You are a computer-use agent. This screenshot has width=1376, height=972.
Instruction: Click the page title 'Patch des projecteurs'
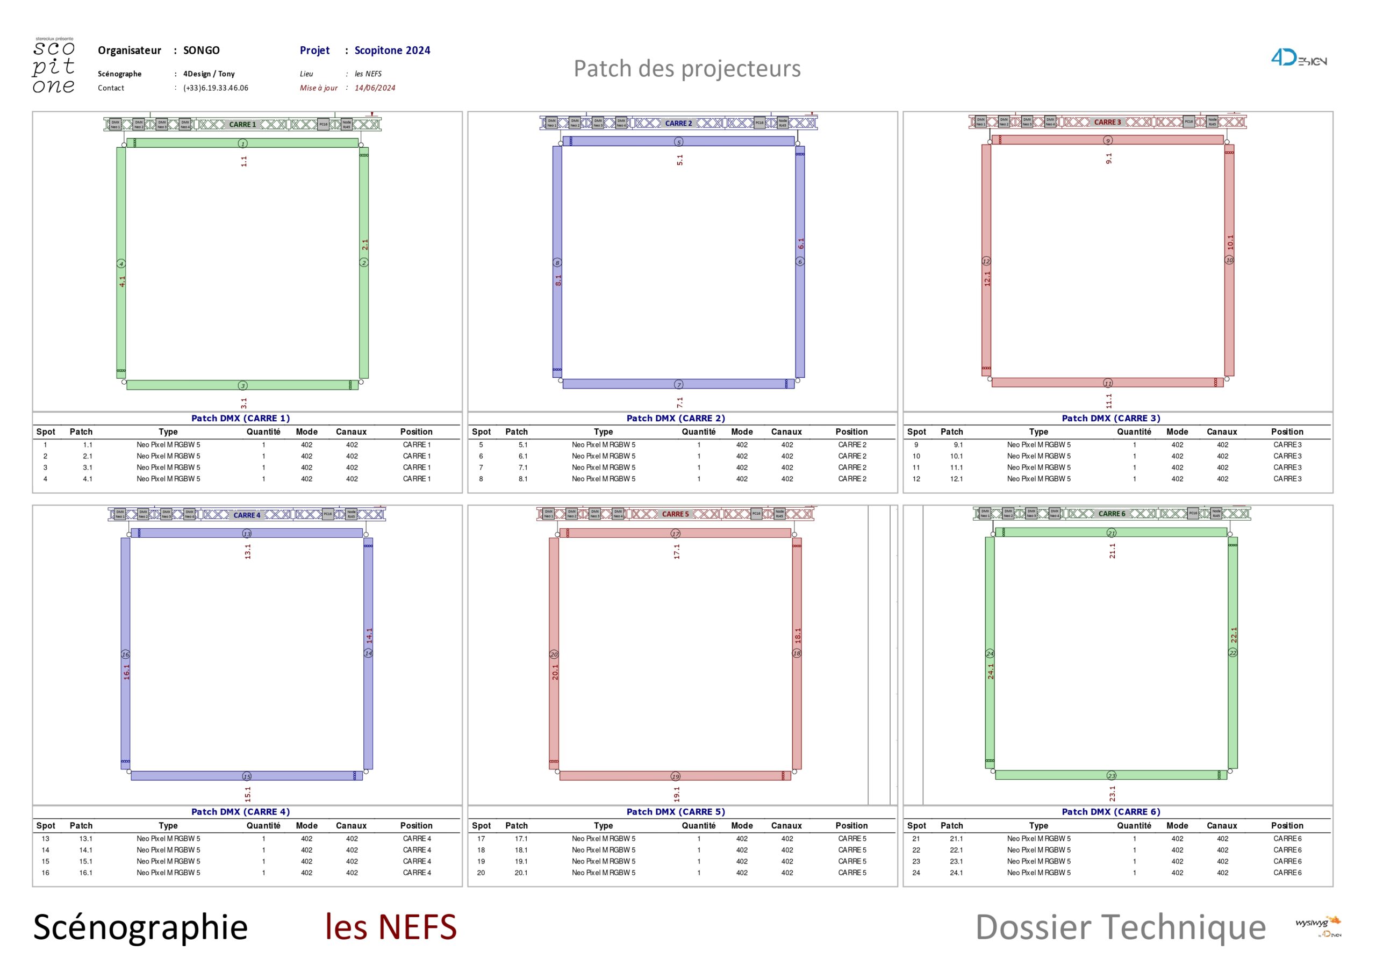687,69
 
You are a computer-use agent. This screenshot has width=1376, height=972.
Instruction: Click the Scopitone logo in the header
54,66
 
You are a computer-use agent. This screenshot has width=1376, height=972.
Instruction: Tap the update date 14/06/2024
375,88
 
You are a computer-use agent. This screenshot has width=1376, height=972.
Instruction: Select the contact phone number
216,88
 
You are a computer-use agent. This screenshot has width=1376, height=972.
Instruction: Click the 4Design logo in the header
1298,59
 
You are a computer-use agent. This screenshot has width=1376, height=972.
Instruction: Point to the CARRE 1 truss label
242,125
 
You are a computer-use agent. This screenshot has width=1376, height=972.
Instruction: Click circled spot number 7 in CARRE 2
678,385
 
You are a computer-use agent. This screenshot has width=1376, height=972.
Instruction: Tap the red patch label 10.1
1230,242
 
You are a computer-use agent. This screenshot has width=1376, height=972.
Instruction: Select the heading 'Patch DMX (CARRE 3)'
1110,418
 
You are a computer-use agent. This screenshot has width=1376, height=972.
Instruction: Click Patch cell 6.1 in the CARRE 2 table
523,456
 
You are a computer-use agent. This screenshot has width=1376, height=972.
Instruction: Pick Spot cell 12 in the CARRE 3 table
916,479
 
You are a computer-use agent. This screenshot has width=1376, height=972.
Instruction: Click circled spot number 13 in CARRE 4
247,534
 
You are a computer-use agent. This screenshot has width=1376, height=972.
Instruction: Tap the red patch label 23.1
1112,794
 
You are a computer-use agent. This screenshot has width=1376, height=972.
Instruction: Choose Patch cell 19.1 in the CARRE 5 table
521,861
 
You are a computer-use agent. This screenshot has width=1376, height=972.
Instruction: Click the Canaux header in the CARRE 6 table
1221,825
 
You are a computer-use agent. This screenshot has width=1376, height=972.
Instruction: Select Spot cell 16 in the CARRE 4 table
46,873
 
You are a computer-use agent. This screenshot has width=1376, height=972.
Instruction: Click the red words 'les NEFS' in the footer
391,927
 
